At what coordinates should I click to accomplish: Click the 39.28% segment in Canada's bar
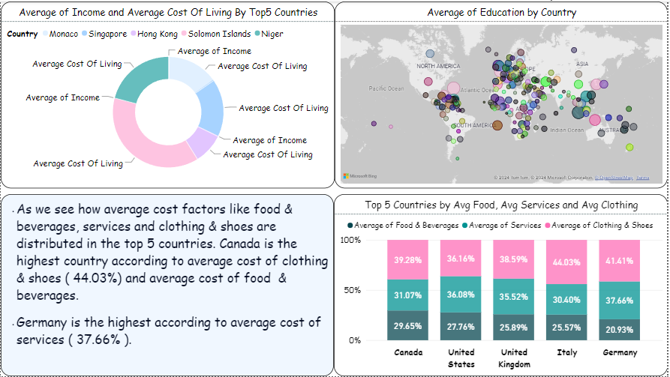click(407, 259)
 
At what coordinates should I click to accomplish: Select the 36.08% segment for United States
click(461, 295)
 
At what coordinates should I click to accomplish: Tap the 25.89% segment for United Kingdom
click(514, 328)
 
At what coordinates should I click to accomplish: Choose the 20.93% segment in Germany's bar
click(620, 330)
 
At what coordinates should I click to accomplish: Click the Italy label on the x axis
click(566, 352)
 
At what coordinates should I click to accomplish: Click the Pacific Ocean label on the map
click(386, 88)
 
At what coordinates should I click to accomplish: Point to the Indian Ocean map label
click(566, 130)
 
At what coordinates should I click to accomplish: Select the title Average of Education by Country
click(501, 13)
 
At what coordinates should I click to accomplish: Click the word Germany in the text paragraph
click(40, 322)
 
